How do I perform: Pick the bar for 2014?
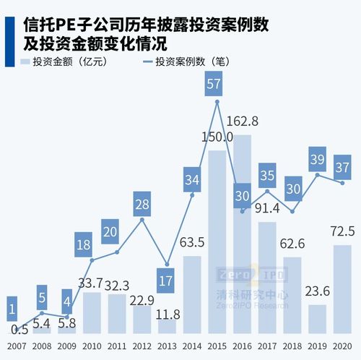[x=193, y=294]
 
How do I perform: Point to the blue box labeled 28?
[x=142, y=205]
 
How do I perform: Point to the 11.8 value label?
[x=168, y=315]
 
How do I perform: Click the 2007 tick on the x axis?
[x=16, y=345]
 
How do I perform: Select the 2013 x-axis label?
[x=167, y=345]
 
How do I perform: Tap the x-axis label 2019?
[x=318, y=345]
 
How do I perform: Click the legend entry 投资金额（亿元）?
[x=65, y=61]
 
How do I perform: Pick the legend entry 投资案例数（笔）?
[x=191, y=61]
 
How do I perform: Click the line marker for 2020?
[x=343, y=183]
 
